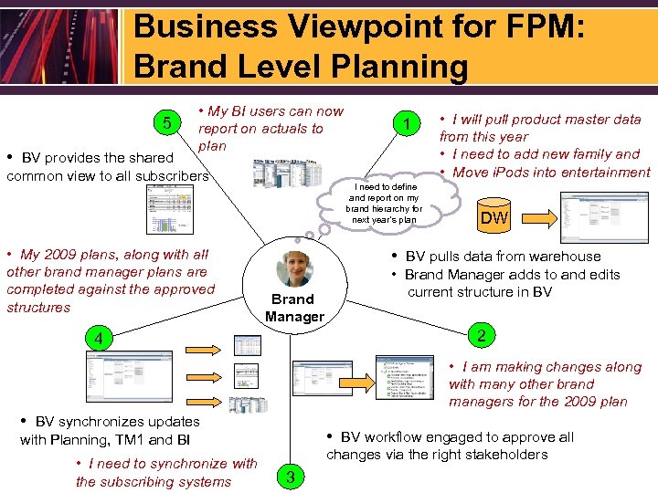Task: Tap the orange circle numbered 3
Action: [x=290, y=476]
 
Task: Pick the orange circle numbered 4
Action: [x=95, y=339]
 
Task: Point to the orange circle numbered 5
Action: [x=164, y=123]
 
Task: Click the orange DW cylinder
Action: [x=494, y=217]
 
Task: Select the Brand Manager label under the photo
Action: [x=294, y=308]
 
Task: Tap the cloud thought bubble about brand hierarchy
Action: [x=383, y=203]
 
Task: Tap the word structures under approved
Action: [x=38, y=307]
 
